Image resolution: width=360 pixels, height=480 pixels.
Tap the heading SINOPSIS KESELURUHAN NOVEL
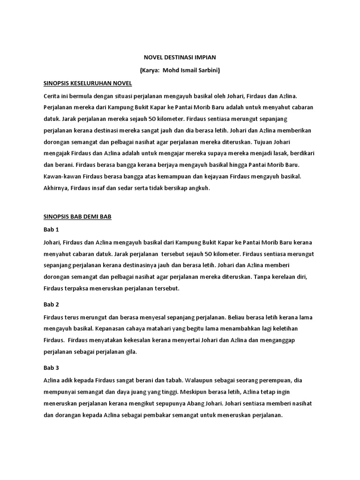[x=87, y=83]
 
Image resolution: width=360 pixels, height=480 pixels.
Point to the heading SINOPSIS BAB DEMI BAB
[x=75, y=217]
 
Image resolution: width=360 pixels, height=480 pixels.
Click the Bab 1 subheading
[x=50, y=230]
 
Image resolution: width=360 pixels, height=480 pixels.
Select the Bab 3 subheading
[x=50, y=367]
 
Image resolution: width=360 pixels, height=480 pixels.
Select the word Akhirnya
[x=56, y=188]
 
